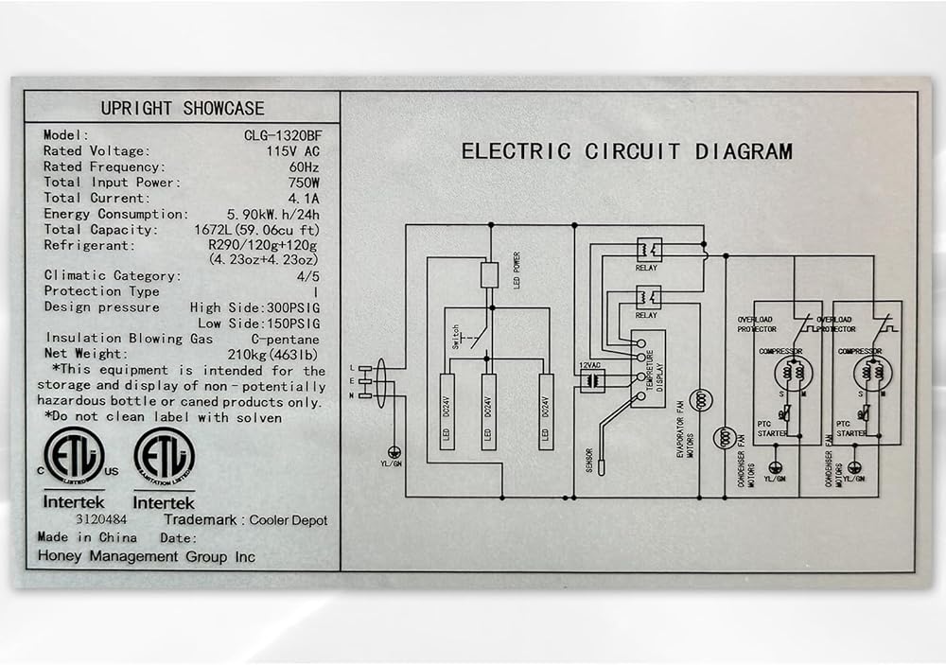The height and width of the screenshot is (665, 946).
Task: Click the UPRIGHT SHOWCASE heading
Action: pyautogui.click(x=183, y=109)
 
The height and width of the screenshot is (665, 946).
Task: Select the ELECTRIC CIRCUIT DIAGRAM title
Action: pyautogui.click(x=626, y=151)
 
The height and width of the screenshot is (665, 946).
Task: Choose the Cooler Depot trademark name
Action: pyautogui.click(x=289, y=520)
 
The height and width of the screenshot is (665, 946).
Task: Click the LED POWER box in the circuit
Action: pyautogui.click(x=490, y=275)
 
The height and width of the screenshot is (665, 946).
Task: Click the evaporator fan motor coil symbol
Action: pyautogui.click(x=701, y=400)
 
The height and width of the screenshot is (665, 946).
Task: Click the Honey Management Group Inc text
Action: pyautogui.click(x=146, y=557)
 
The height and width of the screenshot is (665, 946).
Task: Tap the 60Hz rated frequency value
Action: pyautogui.click(x=303, y=167)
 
